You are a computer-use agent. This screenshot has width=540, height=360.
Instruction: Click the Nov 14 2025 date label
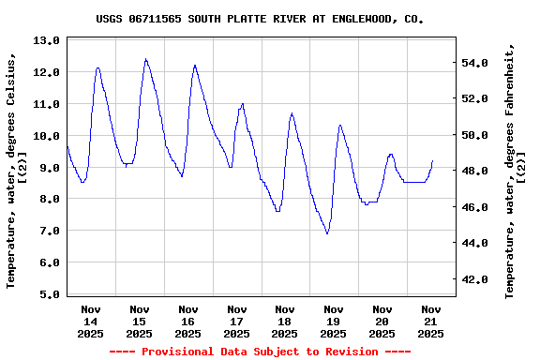(x=91, y=321)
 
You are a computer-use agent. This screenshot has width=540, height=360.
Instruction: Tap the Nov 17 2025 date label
(x=236, y=321)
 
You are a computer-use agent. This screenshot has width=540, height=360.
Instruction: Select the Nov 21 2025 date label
(x=430, y=321)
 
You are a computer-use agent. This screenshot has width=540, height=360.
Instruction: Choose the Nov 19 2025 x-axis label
(x=334, y=321)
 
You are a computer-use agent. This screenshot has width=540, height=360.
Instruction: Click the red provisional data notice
(x=260, y=352)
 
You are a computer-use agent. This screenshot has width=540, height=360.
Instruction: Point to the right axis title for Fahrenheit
(x=516, y=169)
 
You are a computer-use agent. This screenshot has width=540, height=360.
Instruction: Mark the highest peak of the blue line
(x=145, y=59)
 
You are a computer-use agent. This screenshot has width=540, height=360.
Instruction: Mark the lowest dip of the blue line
(x=327, y=233)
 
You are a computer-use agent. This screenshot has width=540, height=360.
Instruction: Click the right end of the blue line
(x=432, y=160)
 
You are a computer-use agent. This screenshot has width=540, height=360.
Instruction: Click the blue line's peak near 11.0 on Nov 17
(x=243, y=104)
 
